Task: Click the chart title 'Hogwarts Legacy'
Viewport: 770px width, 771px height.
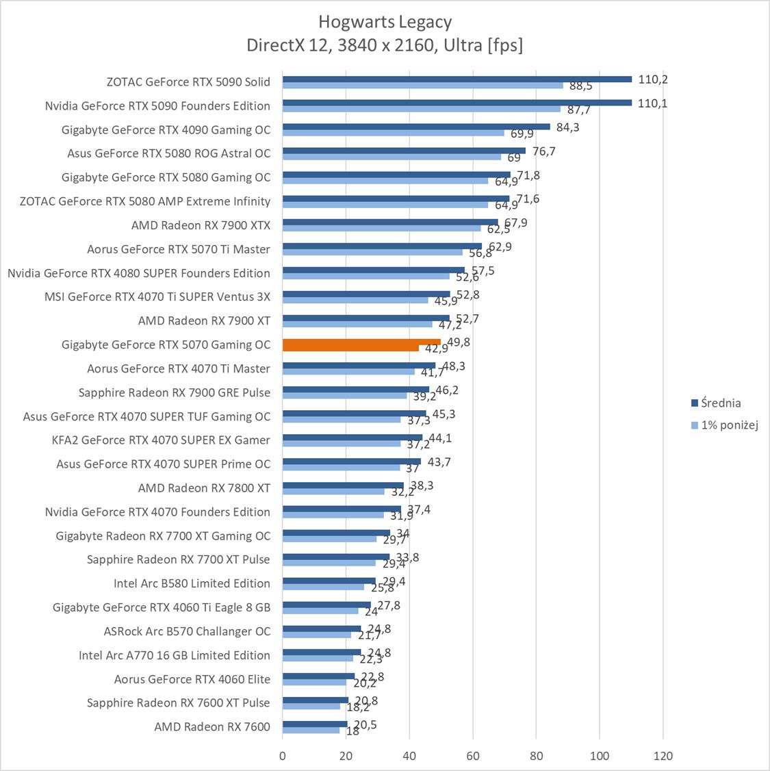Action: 385,22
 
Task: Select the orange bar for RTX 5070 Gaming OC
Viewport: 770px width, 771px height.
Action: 361,342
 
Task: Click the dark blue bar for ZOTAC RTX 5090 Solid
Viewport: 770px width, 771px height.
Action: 457,79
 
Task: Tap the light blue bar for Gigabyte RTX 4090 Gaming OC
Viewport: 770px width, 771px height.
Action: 393,133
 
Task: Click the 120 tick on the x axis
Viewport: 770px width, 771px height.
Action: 663,756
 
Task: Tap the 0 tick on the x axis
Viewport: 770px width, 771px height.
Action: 283,756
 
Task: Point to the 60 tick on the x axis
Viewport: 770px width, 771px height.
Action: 473,756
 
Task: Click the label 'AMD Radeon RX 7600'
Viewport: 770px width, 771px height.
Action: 212,726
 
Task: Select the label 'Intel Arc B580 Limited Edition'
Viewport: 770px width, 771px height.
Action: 192,583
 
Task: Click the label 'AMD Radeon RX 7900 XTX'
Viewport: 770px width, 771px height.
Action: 201,225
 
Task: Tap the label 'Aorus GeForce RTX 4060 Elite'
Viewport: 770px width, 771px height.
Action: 192,679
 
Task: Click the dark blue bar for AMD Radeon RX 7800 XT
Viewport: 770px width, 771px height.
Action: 343,485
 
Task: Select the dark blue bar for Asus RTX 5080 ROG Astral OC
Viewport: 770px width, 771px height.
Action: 404,151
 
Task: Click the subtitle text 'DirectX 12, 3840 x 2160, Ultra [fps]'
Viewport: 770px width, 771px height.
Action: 385,45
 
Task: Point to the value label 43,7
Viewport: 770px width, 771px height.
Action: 439,462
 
